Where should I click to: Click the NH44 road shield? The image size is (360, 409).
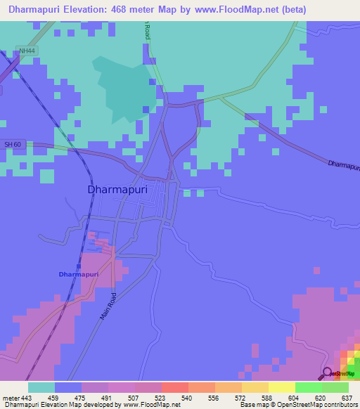click(27, 51)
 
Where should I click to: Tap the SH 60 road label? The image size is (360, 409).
click(13, 144)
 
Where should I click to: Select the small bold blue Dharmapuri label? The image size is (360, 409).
click(79, 273)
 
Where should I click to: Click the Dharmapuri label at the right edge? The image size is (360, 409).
click(344, 166)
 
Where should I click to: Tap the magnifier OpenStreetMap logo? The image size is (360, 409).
click(328, 373)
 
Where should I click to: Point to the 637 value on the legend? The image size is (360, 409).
click(346, 397)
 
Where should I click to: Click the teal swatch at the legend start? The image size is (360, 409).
click(41, 387)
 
